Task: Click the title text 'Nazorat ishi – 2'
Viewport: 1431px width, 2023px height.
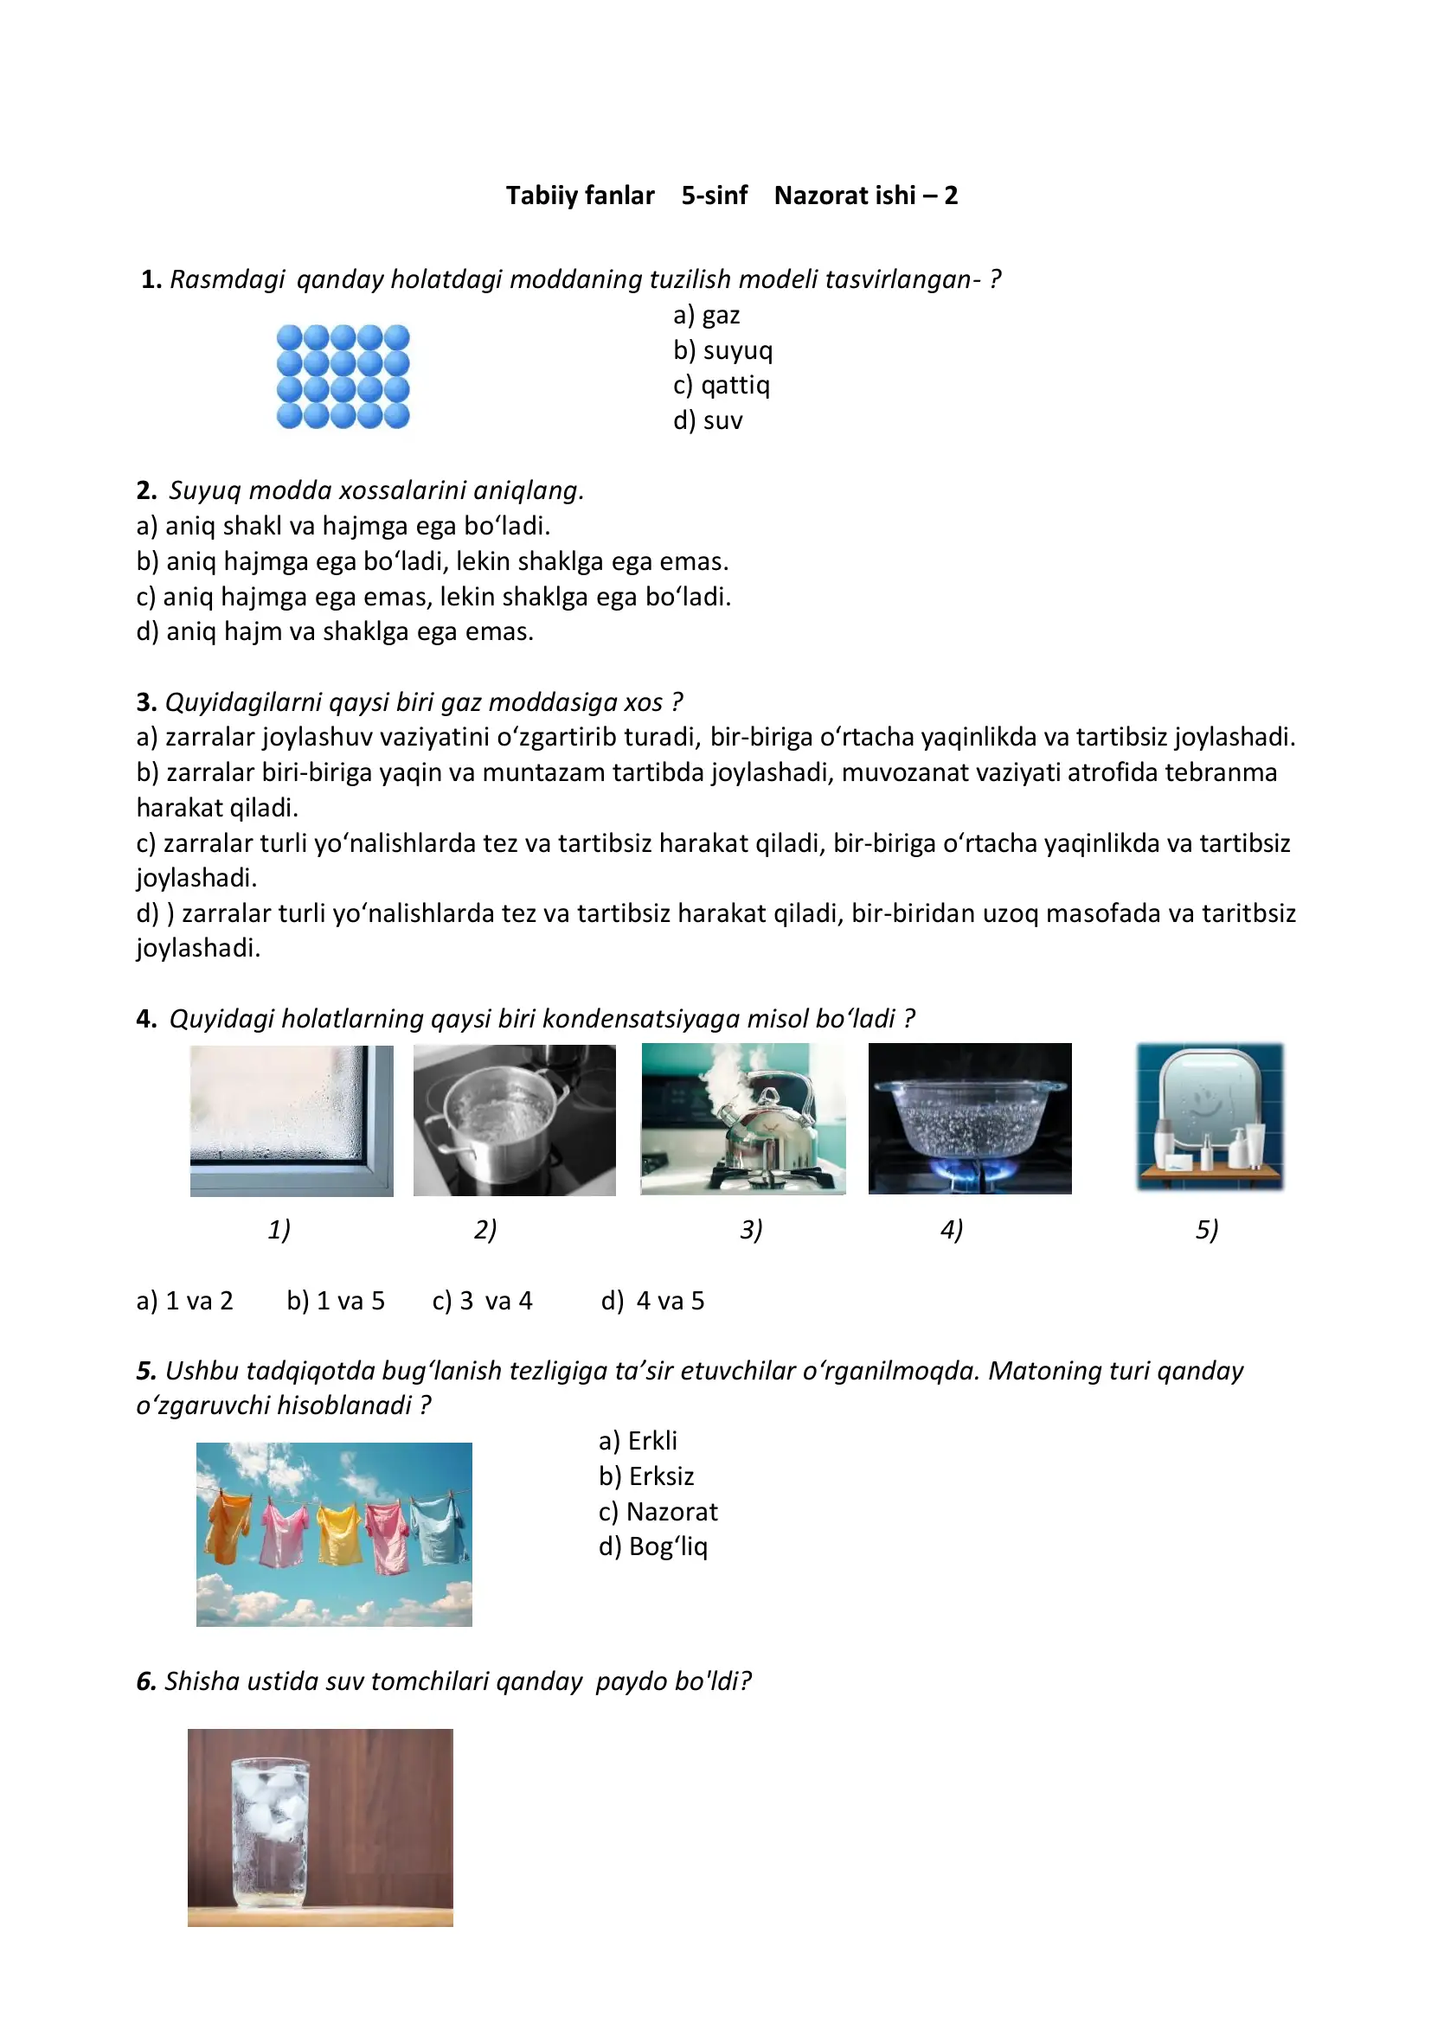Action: pos(865,195)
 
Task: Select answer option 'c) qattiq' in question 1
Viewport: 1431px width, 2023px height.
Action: pos(721,385)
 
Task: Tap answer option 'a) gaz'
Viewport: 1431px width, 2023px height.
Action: pos(706,315)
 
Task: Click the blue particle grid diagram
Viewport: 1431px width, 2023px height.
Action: pos(343,376)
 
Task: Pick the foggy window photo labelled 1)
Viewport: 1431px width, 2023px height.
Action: pos(291,1120)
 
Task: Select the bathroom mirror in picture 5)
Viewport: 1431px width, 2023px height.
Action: pos(1209,1101)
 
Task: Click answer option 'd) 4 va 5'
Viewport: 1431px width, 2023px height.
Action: pos(652,1301)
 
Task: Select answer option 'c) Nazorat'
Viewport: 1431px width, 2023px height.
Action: pos(658,1511)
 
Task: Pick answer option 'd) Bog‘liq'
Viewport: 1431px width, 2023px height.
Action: pos(652,1546)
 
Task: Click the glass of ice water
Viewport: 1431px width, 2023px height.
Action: pos(270,1831)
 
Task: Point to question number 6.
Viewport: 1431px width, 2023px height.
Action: pos(145,1681)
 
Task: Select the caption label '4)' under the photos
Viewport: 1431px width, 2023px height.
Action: pos(951,1229)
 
